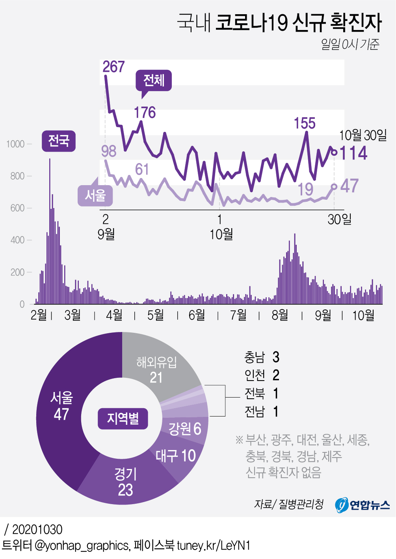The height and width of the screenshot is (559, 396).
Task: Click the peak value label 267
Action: pos(113,67)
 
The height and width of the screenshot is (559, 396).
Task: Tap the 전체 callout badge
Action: pos(154,81)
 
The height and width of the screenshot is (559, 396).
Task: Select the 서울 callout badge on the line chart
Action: pos(95,195)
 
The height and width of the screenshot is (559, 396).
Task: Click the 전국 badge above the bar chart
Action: pos(58,141)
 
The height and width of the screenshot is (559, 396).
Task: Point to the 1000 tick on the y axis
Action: pos(15,144)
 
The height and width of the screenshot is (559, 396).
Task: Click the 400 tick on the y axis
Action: pos(17,240)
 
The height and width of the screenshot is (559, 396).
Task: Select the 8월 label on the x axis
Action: pos(280,315)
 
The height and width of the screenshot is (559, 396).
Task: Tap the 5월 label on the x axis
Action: pos(155,315)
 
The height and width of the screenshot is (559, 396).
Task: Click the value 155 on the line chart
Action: pos(305,124)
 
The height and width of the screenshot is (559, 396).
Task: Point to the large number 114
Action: pos(353,153)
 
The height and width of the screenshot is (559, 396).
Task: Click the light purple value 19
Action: pos(305,189)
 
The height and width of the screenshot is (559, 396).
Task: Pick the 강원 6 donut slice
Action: pos(185,429)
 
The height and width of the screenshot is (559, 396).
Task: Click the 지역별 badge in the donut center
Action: pos(123,419)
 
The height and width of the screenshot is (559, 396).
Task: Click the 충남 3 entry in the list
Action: pos(262,357)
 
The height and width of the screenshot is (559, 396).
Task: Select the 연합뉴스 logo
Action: pos(362,505)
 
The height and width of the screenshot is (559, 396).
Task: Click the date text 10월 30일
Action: pos(363,135)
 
